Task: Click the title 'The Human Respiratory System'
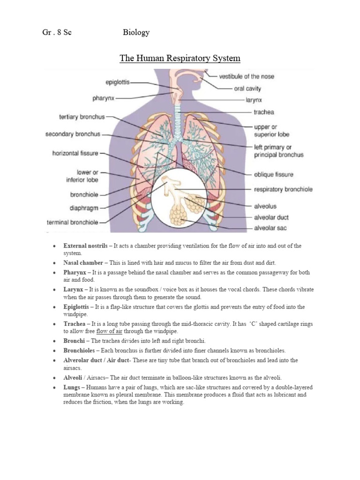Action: pyautogui.click(x=180, y=59)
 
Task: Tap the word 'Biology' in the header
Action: pyautogui.click(x=136, y=32)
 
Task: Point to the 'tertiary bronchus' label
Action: pyautogui.click(x=82, y=116)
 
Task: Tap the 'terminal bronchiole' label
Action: pyautogui.click(x=72, y=222)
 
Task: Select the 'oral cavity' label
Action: pyautogui.click(x=247, y=88)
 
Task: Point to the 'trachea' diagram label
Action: pyautogui.click(x=264, y=112)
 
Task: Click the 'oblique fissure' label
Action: pyautogui.click(x=274, y=174)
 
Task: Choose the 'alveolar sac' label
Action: pyautogui.click(x=270, y=228)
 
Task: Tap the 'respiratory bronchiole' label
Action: pyautogui.click(x=283, y=189)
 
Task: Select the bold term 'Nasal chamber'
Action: pyautogui.click(x=83, y=262)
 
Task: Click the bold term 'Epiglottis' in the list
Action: pyautogui.click(x=77, y=307)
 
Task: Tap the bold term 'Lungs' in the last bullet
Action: pyautogui.click(x=73, y=388)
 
